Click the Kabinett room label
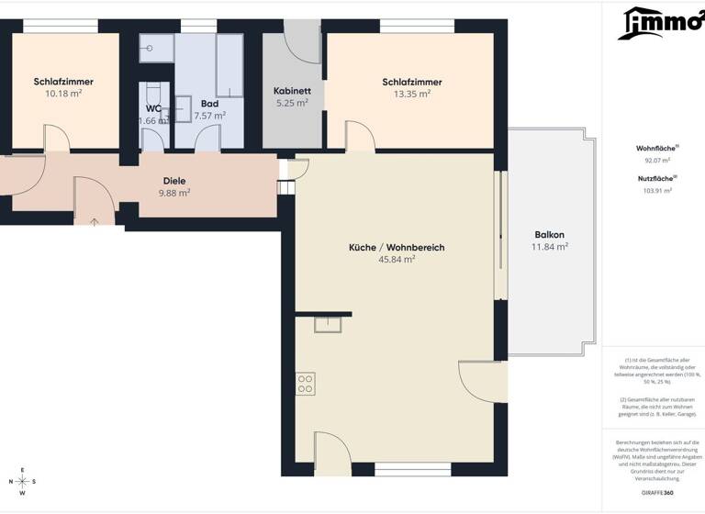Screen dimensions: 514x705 coord(293,91)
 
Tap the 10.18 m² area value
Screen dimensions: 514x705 coord(63,94)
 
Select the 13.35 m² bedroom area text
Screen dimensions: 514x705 coord(412,94)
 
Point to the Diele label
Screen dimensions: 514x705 coord(174,181)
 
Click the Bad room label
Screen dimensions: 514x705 coord(209,104)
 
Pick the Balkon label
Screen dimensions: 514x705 coord(549,234)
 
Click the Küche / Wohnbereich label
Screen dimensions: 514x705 coord(397,248)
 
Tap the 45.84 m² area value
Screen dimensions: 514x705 coord(397,260)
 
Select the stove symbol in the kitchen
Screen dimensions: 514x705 coord(306,385)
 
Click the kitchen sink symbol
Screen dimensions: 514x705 coord(328,324)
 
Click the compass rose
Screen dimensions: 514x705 coord(22,481)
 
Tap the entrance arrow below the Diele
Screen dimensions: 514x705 coord(95,221)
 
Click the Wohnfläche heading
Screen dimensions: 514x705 coord(655,148)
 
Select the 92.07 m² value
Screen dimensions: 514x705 coord(655,160)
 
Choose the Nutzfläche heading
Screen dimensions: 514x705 coord(655,178)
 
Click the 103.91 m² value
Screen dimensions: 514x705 coord(655,190)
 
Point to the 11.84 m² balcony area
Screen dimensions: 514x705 coord(549,246)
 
